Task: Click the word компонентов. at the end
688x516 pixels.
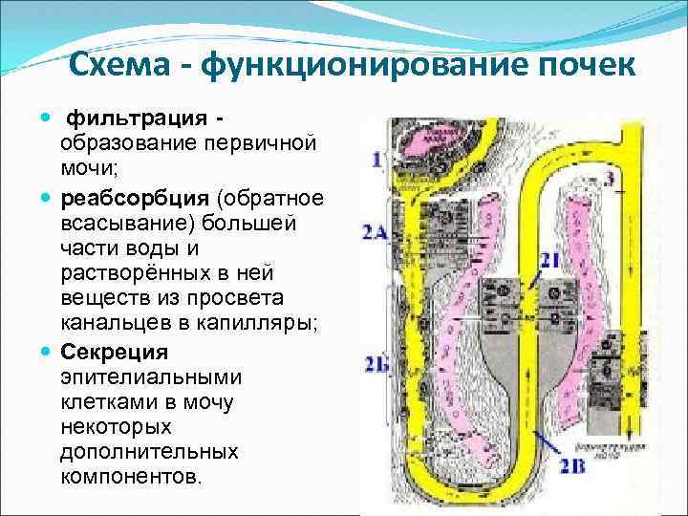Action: click(131, 475)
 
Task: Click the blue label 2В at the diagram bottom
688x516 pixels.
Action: click(572, 467)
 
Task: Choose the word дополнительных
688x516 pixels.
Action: click(148, 449)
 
